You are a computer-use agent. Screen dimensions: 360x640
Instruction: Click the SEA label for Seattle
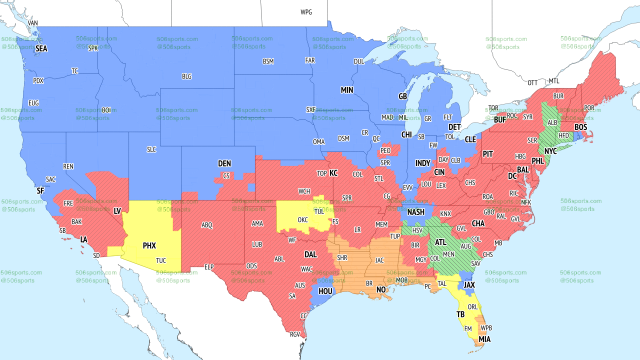pos(41,48)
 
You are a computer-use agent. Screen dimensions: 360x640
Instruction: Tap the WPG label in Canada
pos(306,12)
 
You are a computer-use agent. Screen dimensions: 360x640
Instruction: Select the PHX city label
pos(149,245)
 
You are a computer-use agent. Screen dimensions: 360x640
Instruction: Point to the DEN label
pos(224,163)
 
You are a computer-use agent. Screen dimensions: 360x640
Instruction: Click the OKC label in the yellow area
pos(302,219)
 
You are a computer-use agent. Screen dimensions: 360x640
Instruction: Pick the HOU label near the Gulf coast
pos(325,291)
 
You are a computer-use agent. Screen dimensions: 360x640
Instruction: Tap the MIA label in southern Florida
pos(484,339)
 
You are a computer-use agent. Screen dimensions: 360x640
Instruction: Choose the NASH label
pos(415,212)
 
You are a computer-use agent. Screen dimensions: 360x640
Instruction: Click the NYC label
pos(550,150)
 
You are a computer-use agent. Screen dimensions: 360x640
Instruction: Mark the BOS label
pos(580,127)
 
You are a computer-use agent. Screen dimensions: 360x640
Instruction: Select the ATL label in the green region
pos(440,242)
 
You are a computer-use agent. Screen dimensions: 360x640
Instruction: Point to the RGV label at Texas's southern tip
pos(295,334)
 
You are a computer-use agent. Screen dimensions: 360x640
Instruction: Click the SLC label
pos(151,149)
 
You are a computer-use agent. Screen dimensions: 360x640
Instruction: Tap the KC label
pos(333,173)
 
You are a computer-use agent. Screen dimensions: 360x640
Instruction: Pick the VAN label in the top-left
pos(33,23)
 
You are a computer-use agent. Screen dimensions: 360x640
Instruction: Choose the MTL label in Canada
pos(554,81)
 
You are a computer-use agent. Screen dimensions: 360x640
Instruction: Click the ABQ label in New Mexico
pos(207,225)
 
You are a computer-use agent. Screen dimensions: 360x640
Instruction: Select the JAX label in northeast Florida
pos(469,285)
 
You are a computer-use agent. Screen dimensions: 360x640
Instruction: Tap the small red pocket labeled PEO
pos(385,150)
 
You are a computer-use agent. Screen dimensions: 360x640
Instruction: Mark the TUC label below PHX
pos(161,260)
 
